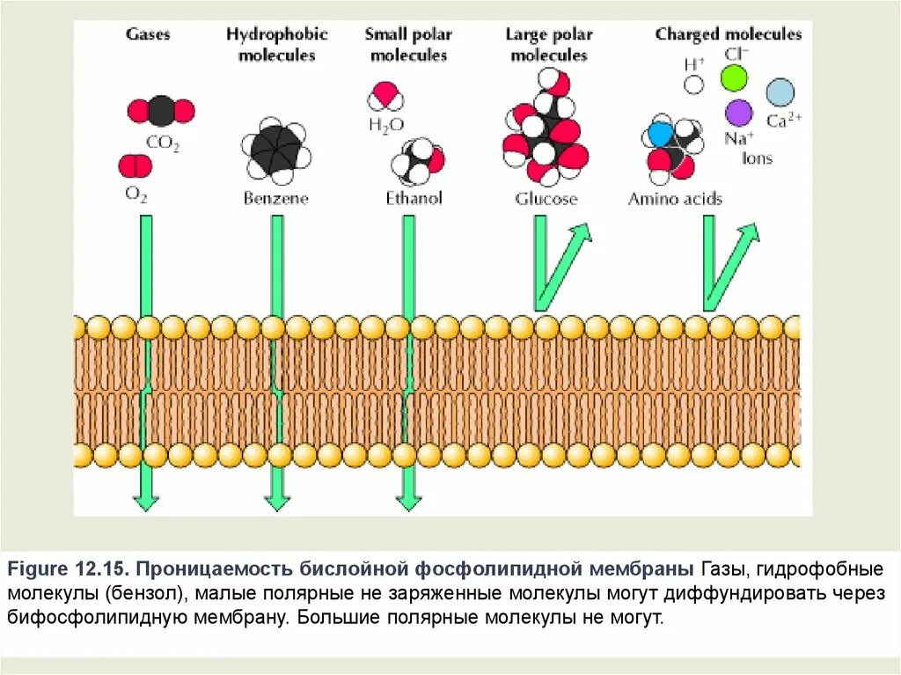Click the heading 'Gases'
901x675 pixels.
pos(147,35)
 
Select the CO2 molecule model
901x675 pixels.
pos(161,111)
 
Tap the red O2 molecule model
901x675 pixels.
pos(136,165)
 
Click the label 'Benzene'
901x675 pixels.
pos(275,199)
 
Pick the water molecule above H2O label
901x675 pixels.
pos(386,94)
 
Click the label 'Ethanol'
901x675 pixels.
pos(414,199)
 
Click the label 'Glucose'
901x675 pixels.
pos(546,199)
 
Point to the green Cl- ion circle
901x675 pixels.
pos(733,78)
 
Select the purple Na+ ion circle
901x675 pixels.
pos(739,112)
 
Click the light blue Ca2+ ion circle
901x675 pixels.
pos(780,92)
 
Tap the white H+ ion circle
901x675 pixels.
pos(694,84)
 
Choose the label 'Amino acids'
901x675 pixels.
pos(674,199)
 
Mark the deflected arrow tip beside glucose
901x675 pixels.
pos(582,231)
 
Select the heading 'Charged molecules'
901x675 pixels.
pos(728,35)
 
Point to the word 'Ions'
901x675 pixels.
pos(757,158)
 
